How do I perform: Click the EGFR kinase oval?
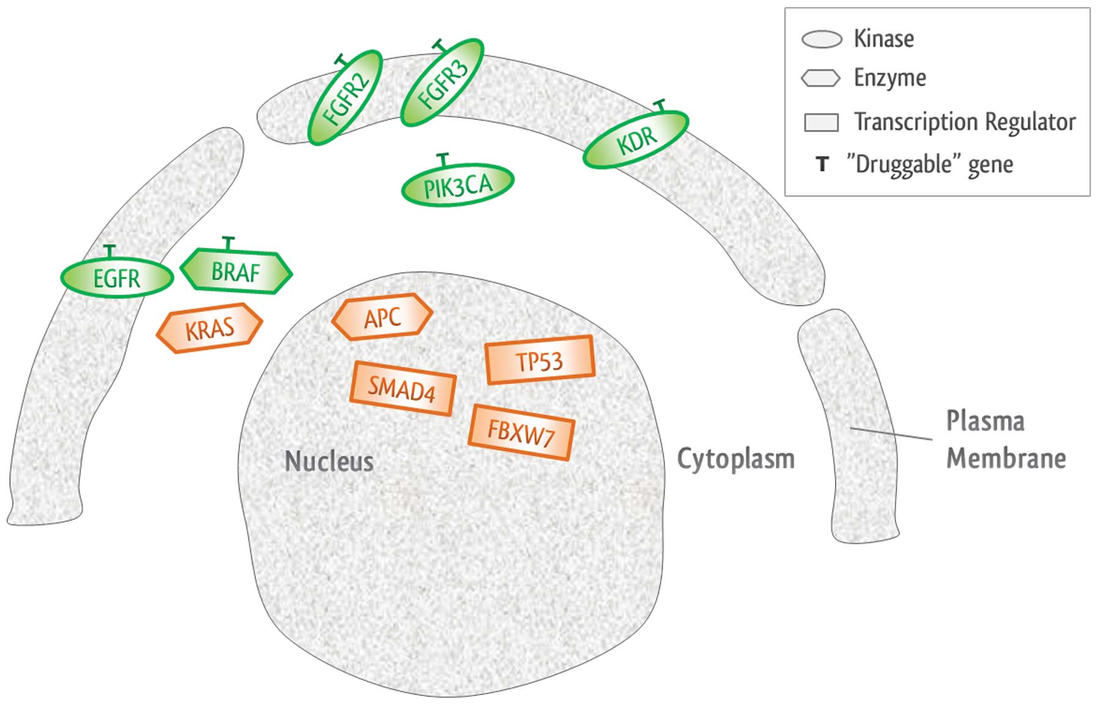pos(116,278)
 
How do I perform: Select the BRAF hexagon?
pos(236,272)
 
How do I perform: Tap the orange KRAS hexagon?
pos(210,329)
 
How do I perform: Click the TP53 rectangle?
pos(540,360)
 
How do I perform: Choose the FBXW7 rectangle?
pos(521,433)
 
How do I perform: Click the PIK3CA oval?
pos(458,185)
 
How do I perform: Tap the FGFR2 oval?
pos(346,98)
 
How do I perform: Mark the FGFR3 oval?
pos(442,83)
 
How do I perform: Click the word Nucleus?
pos(329,461)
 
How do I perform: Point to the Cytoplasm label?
pos(736,459)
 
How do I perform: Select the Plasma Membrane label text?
pos(1006,439)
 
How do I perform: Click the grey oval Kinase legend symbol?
pos(822,39)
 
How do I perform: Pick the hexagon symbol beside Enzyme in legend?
pos(820,78)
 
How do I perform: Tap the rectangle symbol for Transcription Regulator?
pos(821,122)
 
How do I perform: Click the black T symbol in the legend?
pos(823,164)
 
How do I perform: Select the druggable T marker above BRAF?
pos(228,242)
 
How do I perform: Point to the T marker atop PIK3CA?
pos(443,160)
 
